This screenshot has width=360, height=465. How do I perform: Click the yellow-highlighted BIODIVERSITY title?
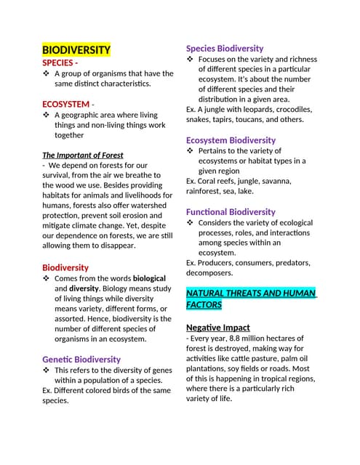[x=76, y=50]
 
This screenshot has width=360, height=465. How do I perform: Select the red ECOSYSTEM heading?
[x=65, y=104]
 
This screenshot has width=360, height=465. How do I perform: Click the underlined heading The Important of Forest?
[x=83, y=155]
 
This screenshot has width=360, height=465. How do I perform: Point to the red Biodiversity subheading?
[x=65, y=267]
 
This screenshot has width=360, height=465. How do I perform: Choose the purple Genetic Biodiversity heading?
[x=81, y=359]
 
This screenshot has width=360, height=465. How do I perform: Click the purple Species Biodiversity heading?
[x=225, y=48]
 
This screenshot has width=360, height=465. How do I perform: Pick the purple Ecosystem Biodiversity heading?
[x=231, y=139]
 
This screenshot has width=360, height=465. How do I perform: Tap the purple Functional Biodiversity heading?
[x=231, y=211]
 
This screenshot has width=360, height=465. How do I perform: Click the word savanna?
[x=275, y=181]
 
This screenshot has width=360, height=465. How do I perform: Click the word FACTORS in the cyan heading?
[x=204, y=305]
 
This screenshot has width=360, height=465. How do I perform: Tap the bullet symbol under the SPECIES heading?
[x=47, y=73]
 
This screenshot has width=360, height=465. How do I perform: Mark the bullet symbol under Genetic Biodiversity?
[x=47, y=370]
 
